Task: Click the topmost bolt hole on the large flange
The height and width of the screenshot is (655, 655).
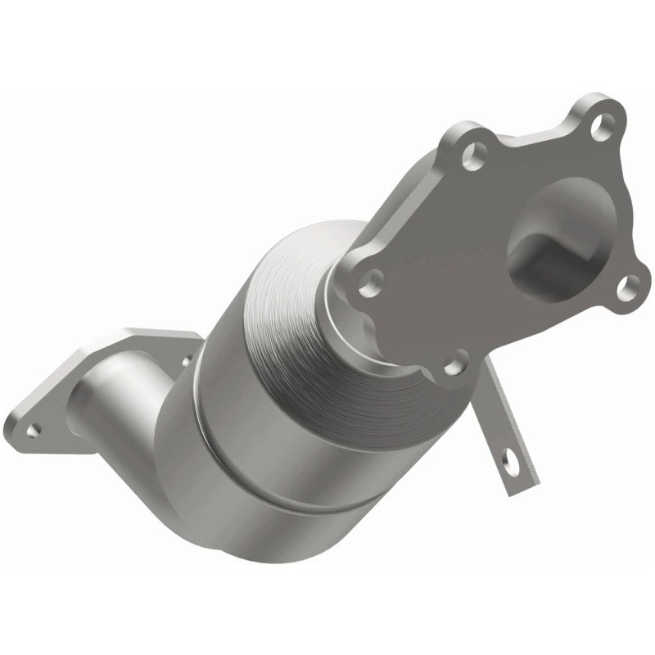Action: pyautogui.click(x=604, y=125)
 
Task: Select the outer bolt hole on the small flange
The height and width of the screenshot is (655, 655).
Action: pyautogui.click(x=33, y=427)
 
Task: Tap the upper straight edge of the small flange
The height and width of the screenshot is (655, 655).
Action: pyautogui.click(x=156, y=333)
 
